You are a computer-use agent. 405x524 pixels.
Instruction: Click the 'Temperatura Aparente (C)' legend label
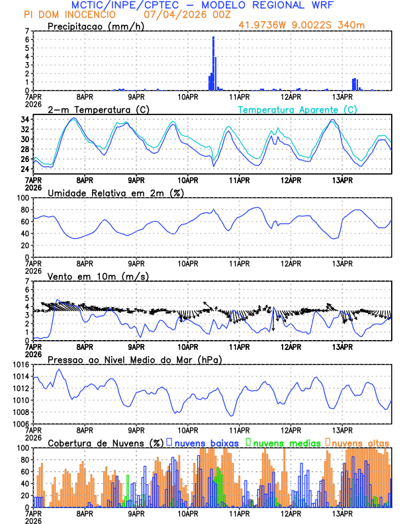tap(297, 109)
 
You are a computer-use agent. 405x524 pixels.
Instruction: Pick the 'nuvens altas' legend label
tap(360, 442)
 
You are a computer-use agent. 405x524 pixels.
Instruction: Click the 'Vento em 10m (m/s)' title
tap(98, 276)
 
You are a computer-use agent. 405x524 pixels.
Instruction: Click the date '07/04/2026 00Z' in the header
tap(180, 14)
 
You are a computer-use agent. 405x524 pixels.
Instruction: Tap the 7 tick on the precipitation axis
tap(26, 31)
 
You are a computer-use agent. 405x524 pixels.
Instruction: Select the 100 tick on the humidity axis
tap(22, 198)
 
